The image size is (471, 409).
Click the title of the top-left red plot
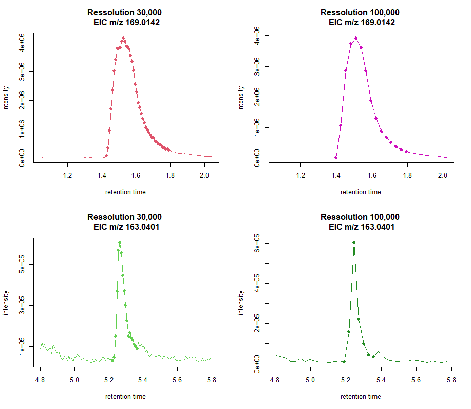(x=125, y=17)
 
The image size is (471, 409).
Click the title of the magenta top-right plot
(x=360, y=17)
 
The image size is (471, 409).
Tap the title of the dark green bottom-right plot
(x=360, y=222)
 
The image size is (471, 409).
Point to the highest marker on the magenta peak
(x=356, y=38)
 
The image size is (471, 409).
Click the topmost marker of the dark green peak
(x=354, y=243)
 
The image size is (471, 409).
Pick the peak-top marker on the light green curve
(x=120, y=243)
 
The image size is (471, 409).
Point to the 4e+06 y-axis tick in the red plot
(x=23, y=43)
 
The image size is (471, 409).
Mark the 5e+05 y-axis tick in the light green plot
(x=23, y=265)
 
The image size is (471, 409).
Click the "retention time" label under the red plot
(x=125, y=192)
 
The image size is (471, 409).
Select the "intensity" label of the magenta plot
(x=241, y=99)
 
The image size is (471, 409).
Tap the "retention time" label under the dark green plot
(x=361, y=397)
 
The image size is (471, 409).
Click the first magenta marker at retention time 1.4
(x=336, y=158)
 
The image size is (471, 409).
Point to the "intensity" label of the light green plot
(x=7, y=303)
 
